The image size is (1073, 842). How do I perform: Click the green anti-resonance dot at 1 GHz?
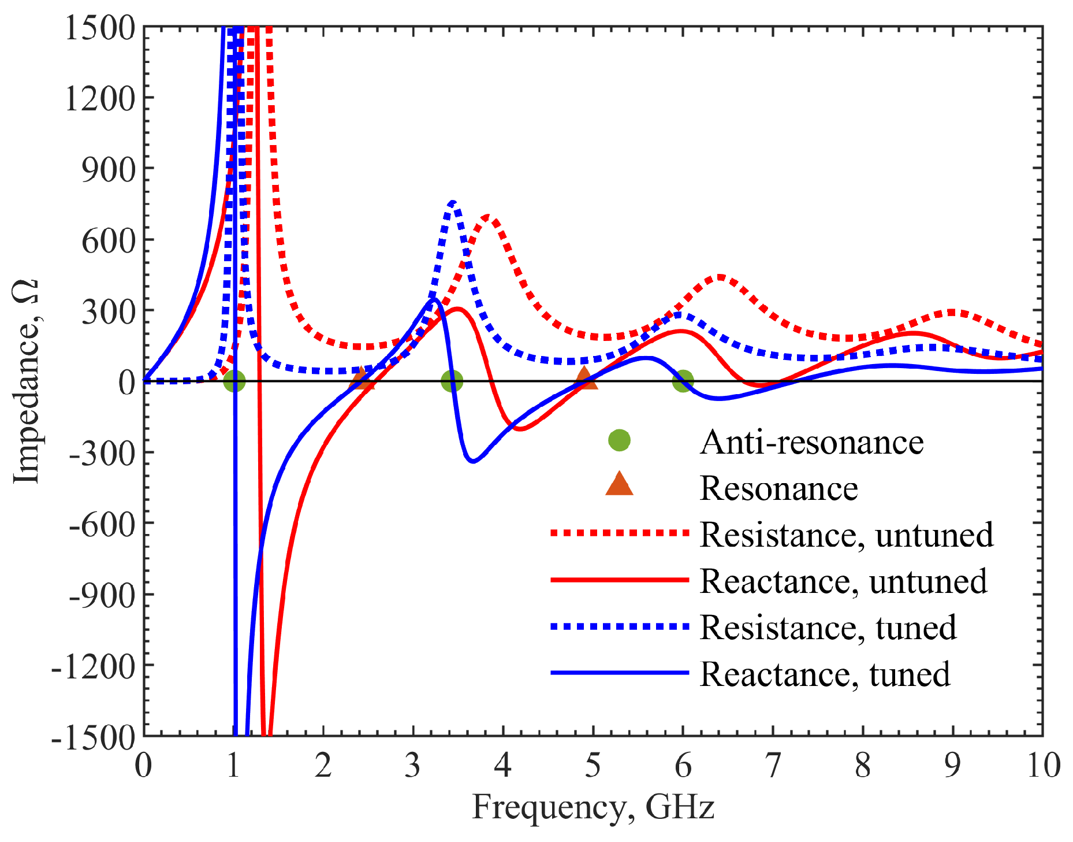click(x=234, y=381)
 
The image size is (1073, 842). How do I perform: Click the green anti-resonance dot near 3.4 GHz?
click(x=452, y=381)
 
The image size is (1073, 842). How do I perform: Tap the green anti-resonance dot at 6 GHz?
click(x=683, y=381)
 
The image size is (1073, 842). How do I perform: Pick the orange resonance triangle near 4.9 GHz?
click(x=584, y=378)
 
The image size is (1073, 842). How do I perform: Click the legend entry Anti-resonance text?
click(x=811, y=443)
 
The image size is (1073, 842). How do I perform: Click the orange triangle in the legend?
click(x=619, y=485)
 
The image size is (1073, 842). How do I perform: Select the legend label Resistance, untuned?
click(x=846, y=535)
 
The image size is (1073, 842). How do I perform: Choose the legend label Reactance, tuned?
click(x=825, y=674)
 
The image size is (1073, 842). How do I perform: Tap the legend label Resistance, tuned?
click(x=828, y=628)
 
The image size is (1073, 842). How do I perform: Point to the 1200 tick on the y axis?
click(x=99, y=98)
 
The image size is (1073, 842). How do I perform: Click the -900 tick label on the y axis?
click(x=102, y=595)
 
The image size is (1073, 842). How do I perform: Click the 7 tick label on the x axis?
click(x=773, y=766)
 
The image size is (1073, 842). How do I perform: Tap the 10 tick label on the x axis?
click(x=1043, y=766)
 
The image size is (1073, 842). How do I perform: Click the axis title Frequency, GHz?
click(x=593, y=807)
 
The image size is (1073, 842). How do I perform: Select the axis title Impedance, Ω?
click(x=26, y=381)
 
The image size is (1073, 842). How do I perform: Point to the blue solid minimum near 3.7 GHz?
click(x=473, y=461)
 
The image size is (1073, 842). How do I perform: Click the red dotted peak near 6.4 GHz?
click(x=720, y=277)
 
